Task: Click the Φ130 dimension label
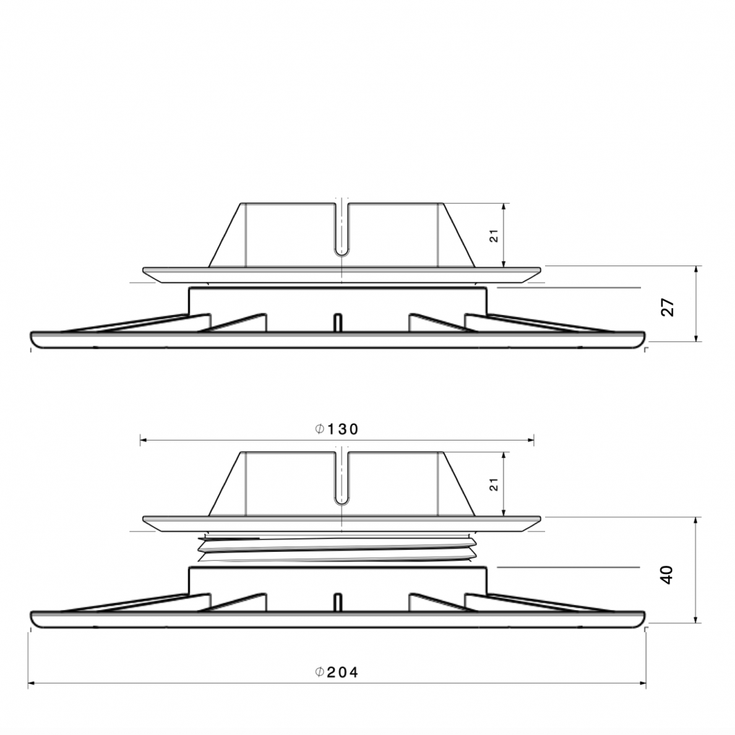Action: pyautogui.click(x=337, y=429)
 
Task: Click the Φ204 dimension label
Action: pyautogui.click(x=337, y=673)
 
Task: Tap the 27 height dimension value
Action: pyautogui.click(x=668, y=307)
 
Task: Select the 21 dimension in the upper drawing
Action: pyautogui.click(x=494, y=236)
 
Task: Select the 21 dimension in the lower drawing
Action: pyautogui.click(x=494, y=484)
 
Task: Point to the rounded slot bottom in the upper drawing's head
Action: pyautogui.click(x=342, y=252)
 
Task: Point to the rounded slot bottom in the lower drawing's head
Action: pyautogui.click(x=342, y=501)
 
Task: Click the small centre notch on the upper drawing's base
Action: pyautogui.click(x=338, y=322)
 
